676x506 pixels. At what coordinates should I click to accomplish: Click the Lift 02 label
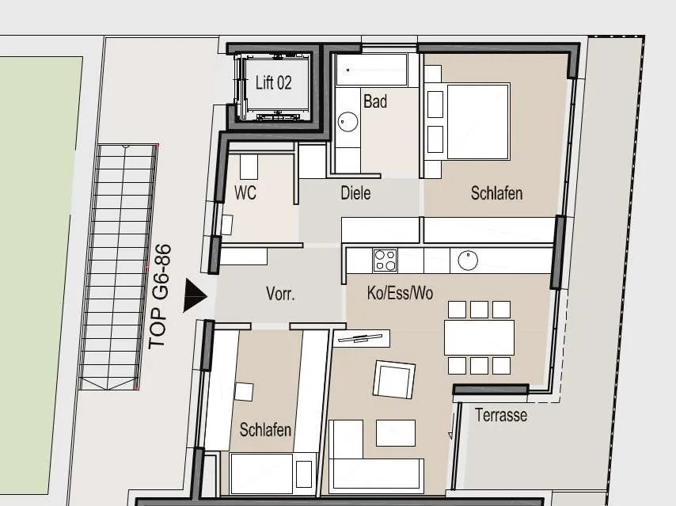click(273, 82)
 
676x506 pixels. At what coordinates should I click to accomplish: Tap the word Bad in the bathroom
click(375, 101)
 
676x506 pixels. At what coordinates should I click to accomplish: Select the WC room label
click(245, 192)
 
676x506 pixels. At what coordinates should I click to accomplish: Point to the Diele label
click(355, 193)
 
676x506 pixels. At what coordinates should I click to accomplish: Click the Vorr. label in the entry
click(281, 294)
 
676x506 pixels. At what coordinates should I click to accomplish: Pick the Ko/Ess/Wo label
click(400, 293)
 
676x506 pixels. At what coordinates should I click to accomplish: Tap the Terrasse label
click(501, 415)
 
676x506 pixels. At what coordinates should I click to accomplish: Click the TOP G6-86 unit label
click(160, 297)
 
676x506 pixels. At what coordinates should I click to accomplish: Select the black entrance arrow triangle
click(196, 295)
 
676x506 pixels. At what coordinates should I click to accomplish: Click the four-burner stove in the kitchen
click(385, 260)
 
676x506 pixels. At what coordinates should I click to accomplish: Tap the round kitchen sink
click(468, 261)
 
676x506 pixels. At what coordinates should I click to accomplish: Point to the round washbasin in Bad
click(347, 122)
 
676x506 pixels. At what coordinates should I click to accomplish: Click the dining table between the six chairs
click(480, 337)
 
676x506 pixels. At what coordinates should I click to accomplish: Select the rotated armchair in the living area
click(394, 379)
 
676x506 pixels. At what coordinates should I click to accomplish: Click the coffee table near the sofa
click(396, 433)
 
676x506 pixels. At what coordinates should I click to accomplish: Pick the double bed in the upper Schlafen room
click(479, 122)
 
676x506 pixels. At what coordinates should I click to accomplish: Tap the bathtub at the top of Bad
click(371, 70)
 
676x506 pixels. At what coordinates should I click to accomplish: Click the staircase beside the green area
click(118, 268)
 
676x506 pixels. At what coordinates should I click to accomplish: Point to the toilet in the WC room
click(249, 166)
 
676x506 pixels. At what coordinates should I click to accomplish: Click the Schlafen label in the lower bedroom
click(265, 430)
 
